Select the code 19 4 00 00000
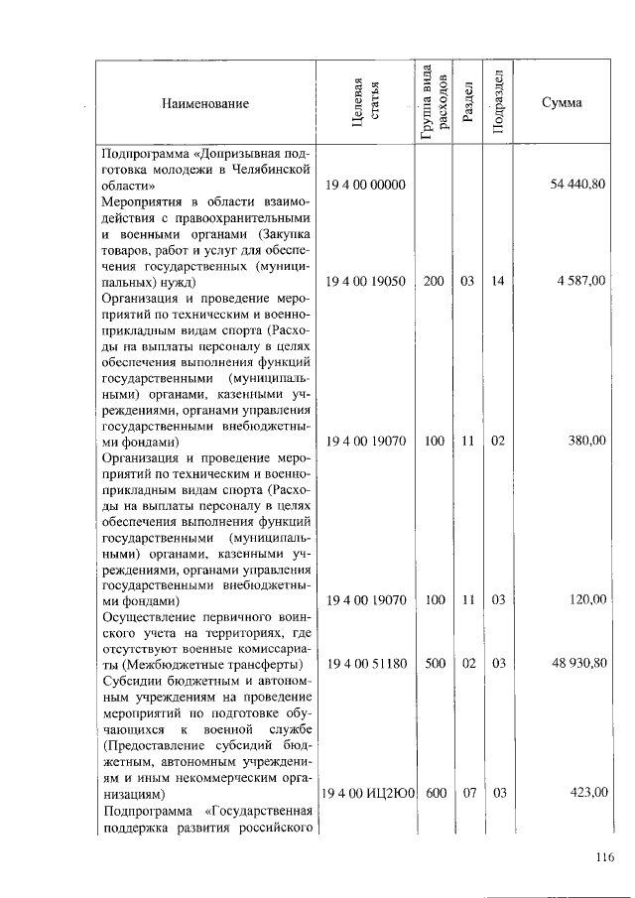366,186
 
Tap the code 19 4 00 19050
366,282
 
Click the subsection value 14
498,282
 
